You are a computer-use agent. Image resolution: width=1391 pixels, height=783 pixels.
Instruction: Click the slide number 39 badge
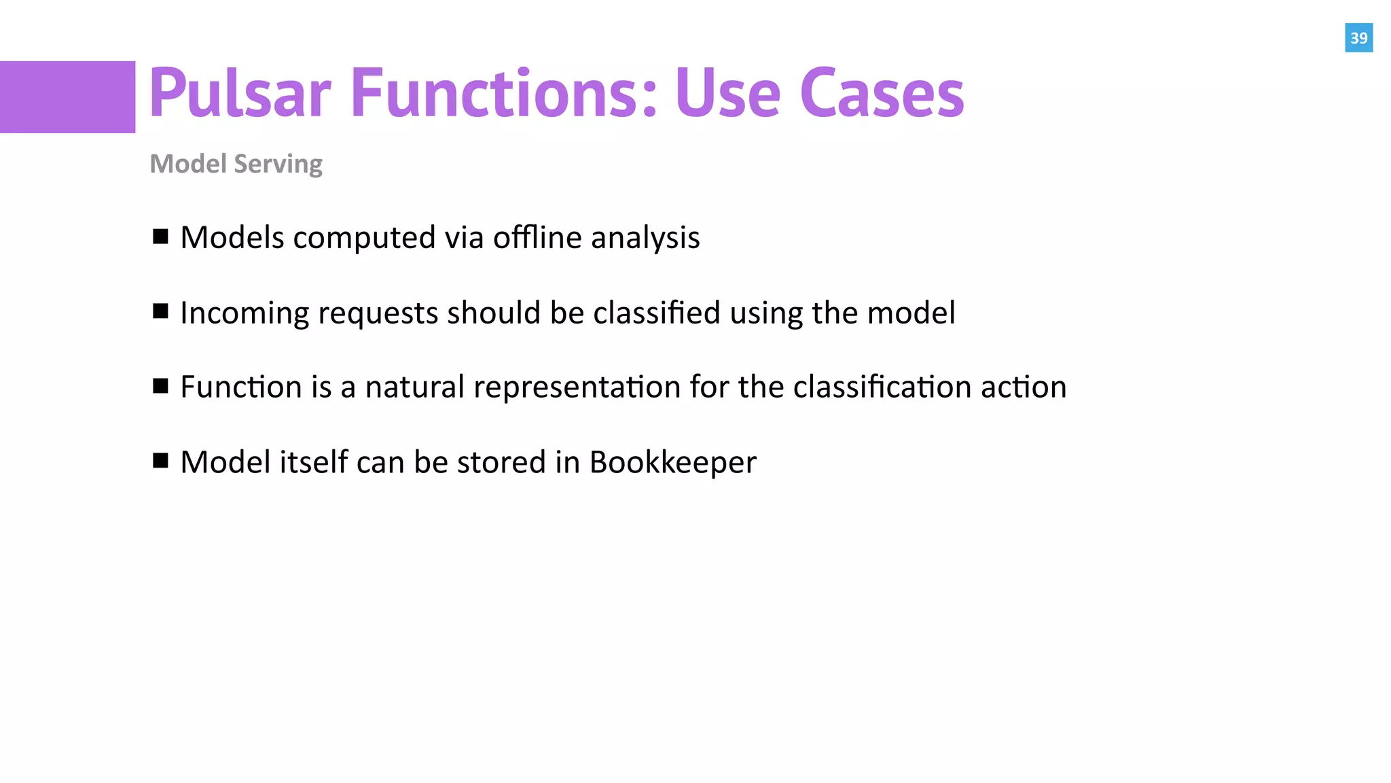[x=1358, y=38]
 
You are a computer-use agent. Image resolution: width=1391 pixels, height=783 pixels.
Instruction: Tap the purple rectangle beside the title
[x=67, y=97]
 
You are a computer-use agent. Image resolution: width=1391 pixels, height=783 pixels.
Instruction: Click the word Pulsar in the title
[x=240, y=93]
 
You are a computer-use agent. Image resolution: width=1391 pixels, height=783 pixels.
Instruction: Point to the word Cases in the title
[x=882, y=93]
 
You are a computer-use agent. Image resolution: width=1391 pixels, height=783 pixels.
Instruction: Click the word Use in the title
[x=727, y=93]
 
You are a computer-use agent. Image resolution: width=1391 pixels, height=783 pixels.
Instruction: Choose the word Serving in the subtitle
[x=278, y=164]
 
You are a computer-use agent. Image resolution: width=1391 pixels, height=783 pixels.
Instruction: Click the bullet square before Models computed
[x=161, y=237]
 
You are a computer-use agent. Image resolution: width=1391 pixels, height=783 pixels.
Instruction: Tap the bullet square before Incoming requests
[x=161, y=311]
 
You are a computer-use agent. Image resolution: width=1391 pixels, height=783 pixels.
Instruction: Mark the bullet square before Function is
[x=161, y=386]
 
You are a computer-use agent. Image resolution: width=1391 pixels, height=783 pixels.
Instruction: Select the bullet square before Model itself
[x=161, y=461]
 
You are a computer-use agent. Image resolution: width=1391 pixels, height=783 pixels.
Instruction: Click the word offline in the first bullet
[x=537, y=238]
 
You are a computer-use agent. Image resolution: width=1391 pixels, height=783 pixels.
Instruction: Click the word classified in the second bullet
[x=656, y=313]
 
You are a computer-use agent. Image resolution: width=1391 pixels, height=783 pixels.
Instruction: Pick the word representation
[x=577, y=387]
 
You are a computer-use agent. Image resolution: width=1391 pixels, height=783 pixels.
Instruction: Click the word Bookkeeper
[x=672, y=463]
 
